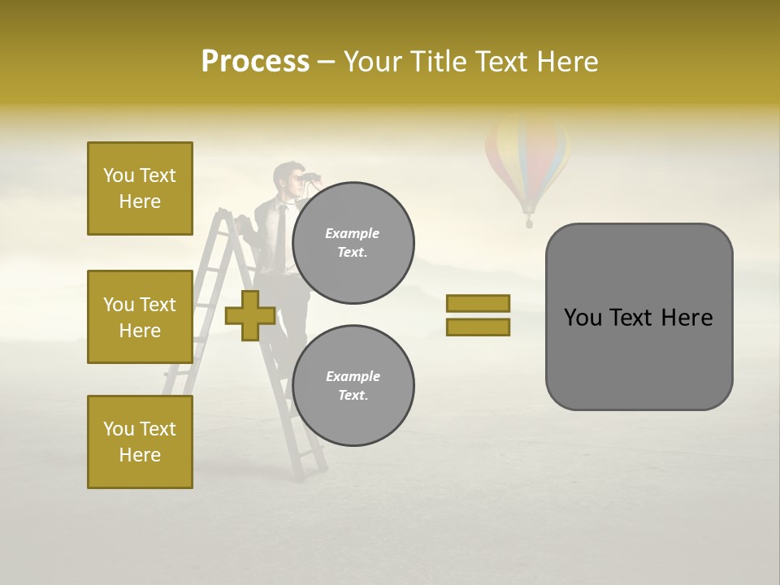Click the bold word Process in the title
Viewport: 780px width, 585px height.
coord(255,62)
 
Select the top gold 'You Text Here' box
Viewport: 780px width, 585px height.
coord(140,188)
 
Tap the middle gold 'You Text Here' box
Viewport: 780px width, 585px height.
coord(140,317)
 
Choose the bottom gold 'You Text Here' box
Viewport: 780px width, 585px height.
coord(140,442)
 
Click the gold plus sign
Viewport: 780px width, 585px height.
coord(249,316)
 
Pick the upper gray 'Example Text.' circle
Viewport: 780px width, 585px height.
coord(353,242)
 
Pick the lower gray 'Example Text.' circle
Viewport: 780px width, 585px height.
coord(353,385)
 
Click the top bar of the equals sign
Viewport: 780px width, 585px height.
coord(478,304)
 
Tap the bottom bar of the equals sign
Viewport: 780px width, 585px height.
coord(478,327)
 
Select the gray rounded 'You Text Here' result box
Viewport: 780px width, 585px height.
coord(639,317)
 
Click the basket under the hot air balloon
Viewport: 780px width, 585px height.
coord(529,220)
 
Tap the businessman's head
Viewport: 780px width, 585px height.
coord(285,177)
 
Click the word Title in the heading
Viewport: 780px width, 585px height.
coord(440,62)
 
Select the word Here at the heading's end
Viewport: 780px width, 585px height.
coord(565,62)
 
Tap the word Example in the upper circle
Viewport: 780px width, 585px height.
coord(353,233)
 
